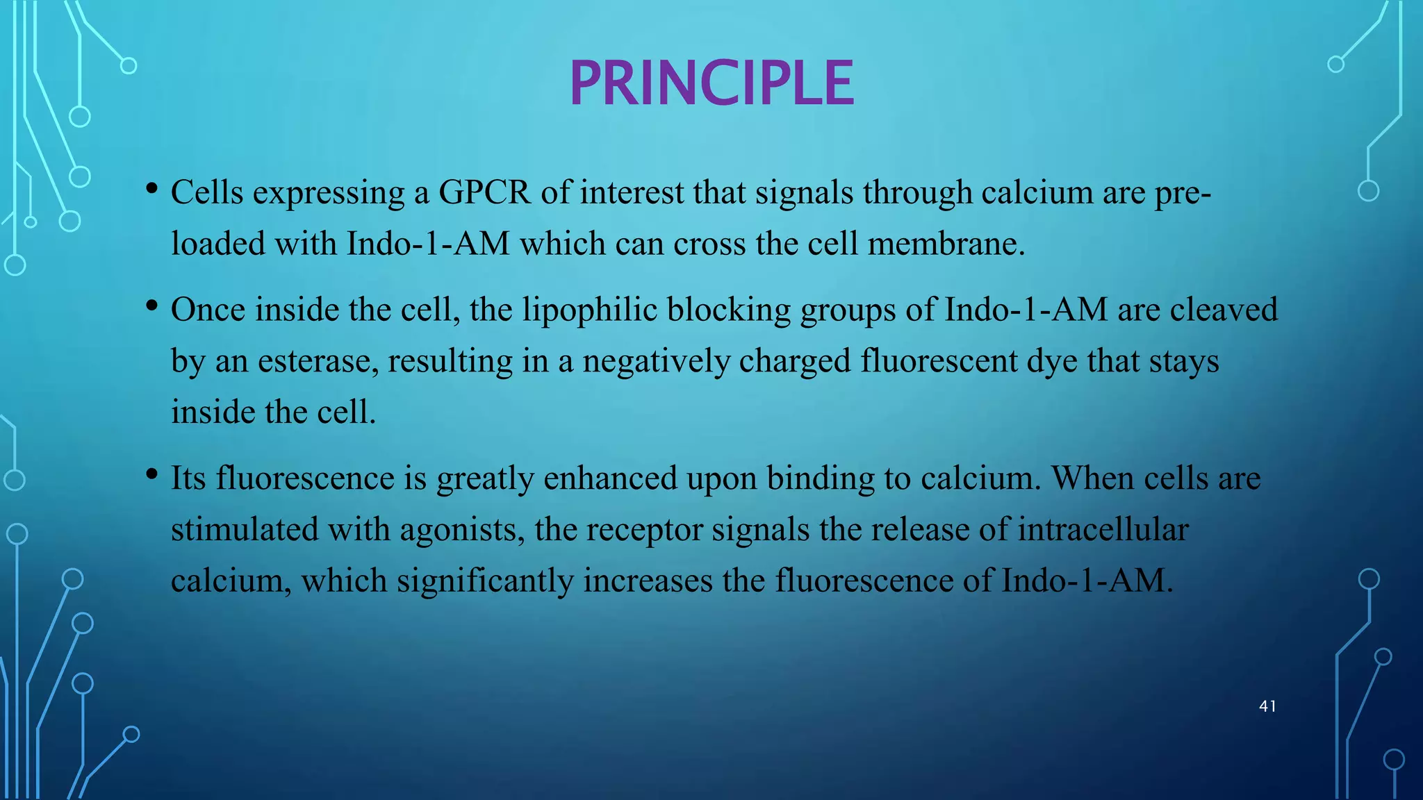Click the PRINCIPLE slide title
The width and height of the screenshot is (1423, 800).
coord(711,83)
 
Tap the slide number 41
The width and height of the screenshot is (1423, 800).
coord(1267,706)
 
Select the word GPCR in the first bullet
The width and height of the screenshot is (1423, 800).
coord(484,192)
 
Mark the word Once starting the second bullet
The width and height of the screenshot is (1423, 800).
coord(208,310)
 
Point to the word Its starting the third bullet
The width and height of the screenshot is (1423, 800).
coord(188,478)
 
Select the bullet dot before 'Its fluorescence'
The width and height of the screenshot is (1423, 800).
coord(151,474)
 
